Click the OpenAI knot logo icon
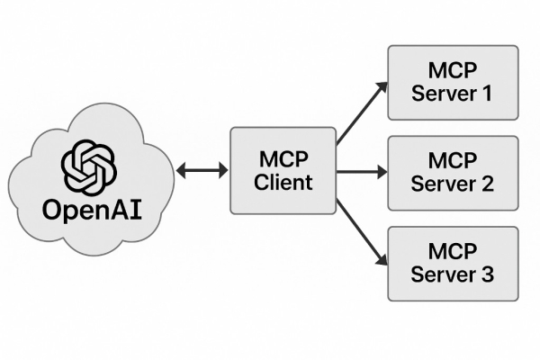click(x=88, y=166)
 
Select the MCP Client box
click(x=283, y=171)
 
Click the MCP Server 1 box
click(x=453, y=82)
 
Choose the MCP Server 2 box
click(x=453, y=172)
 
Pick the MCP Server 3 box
click(x=453, y=263)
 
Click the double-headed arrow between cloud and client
click(x=202, y=171)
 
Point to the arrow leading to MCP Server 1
click(x=362, y=112)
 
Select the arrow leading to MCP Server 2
click(x=362, y=171)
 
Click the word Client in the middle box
click(x=283, y=183)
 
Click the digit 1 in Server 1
click(x=487, y=94)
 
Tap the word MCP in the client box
click(x=283, y=159)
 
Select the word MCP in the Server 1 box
click(x=453, y=70)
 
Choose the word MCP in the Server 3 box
click(x=453, y=251)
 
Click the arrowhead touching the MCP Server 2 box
click(x=381, y=171)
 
